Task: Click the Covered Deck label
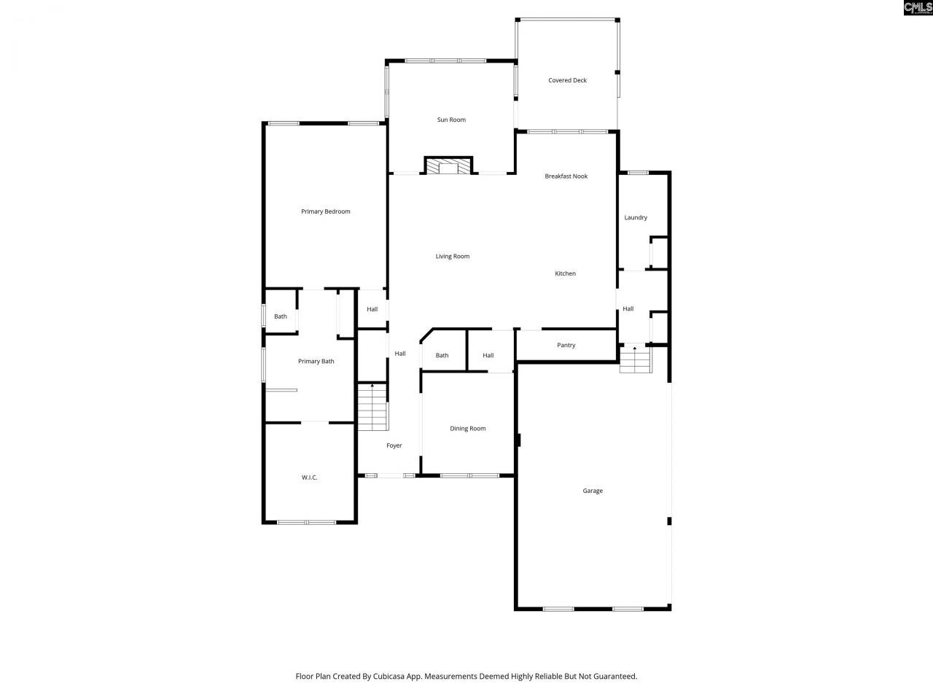point(567,80)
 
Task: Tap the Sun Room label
point(451,120)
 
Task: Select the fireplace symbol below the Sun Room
point(448,166)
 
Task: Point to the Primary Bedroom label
point(326,211)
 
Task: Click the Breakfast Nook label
point(566,176)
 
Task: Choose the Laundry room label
point(636,217)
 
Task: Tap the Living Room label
point(453,256)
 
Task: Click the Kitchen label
point(565,273)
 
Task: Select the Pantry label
point(566,345)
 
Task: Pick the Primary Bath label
point(316,361)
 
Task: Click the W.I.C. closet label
point(309,478)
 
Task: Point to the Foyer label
point(394,446)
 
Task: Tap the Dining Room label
point(467,428)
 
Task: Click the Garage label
point(593,491)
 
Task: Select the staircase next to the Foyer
point(372,407)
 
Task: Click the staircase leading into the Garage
point(634,359)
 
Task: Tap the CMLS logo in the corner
point(918,8)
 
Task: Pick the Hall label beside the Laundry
point(628,308)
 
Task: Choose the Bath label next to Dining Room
point(442,355)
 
